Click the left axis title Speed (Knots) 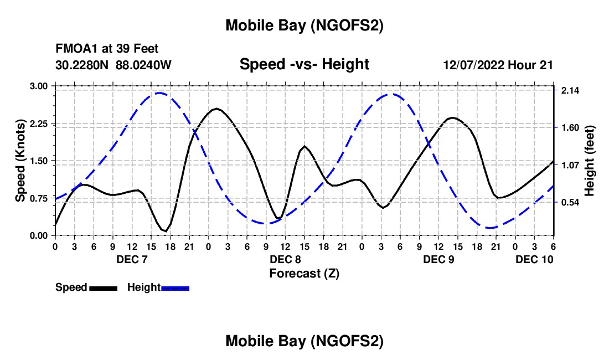20,160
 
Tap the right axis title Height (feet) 589,161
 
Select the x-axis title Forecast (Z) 304,273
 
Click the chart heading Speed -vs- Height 304,64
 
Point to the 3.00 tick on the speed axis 39,86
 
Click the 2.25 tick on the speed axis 39,124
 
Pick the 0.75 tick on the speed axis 39,198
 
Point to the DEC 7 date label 132,259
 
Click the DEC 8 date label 285,259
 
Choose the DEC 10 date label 534,259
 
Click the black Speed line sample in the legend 103,288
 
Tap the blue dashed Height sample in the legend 176,288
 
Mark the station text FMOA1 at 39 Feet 107,49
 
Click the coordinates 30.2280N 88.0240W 113,65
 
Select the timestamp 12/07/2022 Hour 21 498,65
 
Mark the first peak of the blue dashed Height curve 159,93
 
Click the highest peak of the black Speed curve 216,109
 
